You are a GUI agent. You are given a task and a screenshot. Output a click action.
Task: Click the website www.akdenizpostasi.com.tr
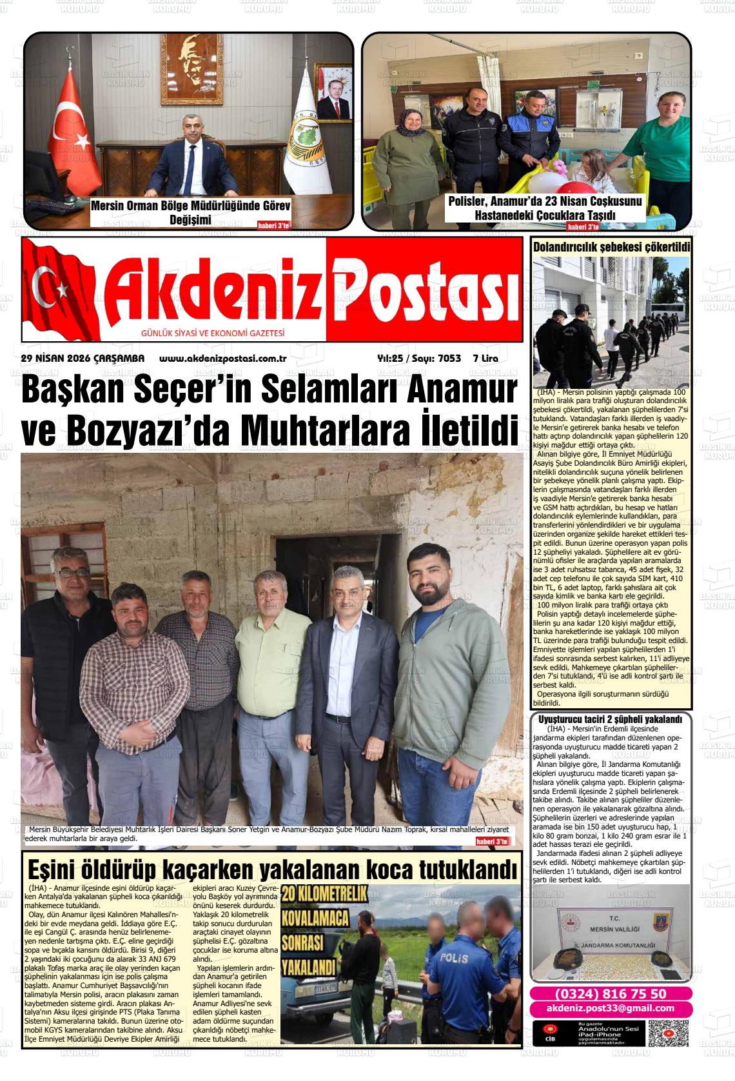click(x=222, y=359)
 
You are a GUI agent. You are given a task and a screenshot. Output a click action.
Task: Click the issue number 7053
click(x=449, y=359)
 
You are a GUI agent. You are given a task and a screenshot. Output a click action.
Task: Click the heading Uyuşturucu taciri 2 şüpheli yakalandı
click(x=610, y=719)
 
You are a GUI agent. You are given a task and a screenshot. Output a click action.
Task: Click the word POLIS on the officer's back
click(x=455, y=958)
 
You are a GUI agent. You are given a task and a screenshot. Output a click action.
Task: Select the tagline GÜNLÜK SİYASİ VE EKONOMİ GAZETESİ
click(x=213, y=333)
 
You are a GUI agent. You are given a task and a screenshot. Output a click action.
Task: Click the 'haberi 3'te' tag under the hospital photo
click(x=582, y=227)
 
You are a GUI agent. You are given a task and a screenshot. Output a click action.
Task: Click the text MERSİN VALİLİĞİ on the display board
click(x=610, y=929)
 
